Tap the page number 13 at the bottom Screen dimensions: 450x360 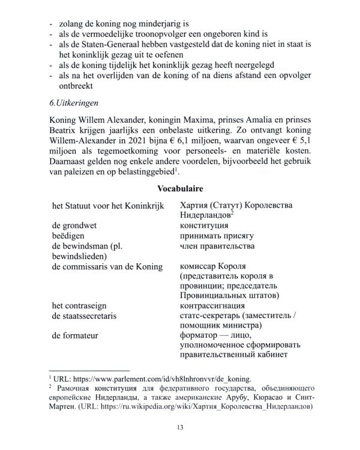180,427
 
